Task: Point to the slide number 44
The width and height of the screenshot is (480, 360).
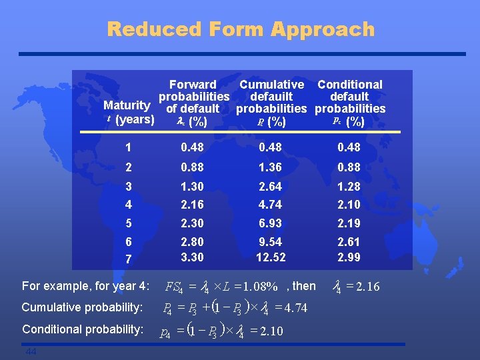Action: click(31, 351)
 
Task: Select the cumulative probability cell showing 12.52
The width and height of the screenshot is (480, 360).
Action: click(271, 257)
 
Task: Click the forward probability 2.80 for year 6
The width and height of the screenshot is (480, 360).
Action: click(192, 242)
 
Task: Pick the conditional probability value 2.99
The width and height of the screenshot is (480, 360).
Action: click(349, 257)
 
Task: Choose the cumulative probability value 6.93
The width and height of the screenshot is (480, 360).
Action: click(271, 223)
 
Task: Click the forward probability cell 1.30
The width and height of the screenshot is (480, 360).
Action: click(192, 187)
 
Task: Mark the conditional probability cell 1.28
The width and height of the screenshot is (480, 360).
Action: click(349, 187)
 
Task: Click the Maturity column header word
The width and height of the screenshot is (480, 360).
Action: click(127, 105)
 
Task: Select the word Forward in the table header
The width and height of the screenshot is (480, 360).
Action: click(193, 85)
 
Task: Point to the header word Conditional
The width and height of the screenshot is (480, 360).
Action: click(350, 85)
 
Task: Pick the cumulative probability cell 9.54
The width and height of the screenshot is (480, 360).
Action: click(271, 242)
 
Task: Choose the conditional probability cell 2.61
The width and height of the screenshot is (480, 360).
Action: click(349, 242)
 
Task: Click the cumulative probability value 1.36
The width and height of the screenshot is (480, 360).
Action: click(271, 167)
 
